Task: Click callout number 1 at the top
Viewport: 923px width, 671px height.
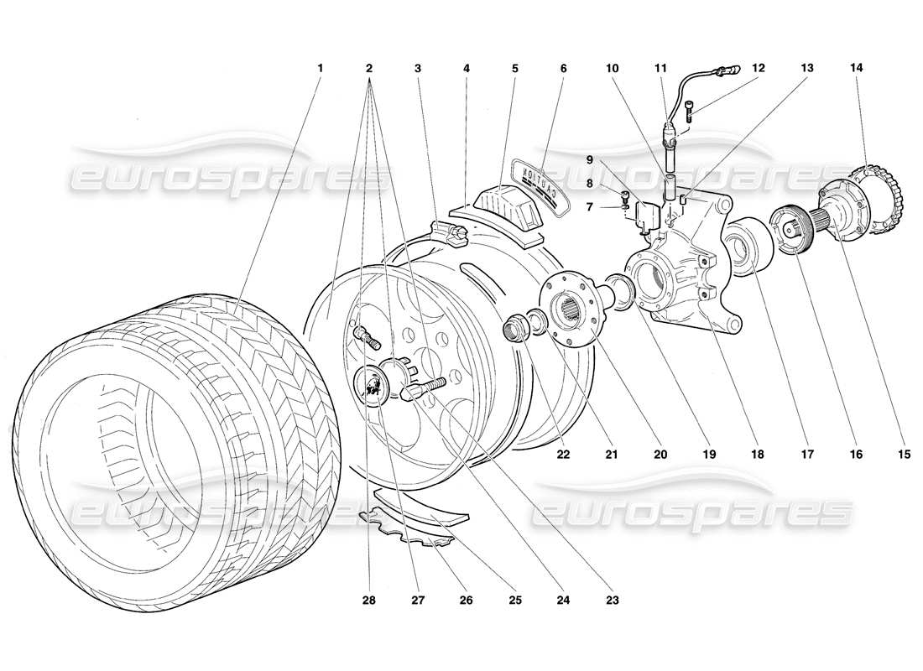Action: (320, 66)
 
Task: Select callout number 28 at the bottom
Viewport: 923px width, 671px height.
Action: (370, 600)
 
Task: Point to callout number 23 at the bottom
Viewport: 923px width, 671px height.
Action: (613, 600)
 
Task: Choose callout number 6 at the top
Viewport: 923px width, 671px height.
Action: (563, 66)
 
